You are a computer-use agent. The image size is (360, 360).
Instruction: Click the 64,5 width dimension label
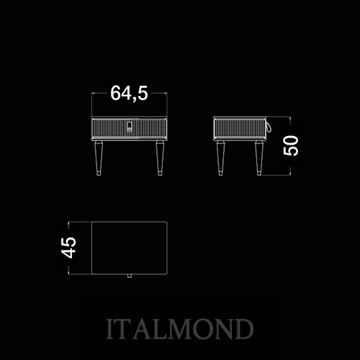pos(129,93)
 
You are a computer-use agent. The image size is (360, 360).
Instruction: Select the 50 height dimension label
pos(291,145)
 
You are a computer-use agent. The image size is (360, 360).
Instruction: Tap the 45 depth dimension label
pos(68,248)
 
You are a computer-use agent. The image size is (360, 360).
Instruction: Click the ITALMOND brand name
pos(180,329)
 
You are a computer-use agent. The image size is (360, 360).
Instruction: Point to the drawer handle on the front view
pos(130,127)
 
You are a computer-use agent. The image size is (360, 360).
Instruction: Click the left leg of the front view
pos(99,158)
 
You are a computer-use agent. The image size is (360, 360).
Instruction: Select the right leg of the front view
pos(160,158)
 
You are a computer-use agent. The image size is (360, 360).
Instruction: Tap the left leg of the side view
pos(220,158)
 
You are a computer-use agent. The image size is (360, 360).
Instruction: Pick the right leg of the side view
pos(258,158)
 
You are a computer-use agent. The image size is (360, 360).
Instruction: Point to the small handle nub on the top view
pos(130,276)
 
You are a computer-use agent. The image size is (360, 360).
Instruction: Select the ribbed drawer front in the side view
pos(240,128)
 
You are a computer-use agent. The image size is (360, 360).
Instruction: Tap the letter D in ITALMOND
pos(243,329)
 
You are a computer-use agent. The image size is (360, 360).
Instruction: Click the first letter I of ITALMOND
pos(110,329)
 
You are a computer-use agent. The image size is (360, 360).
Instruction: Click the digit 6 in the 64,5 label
pos(115,93)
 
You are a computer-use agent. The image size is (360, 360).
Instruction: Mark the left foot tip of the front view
pos(99,175)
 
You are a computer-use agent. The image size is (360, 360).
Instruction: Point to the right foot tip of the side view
pos(258,175)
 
